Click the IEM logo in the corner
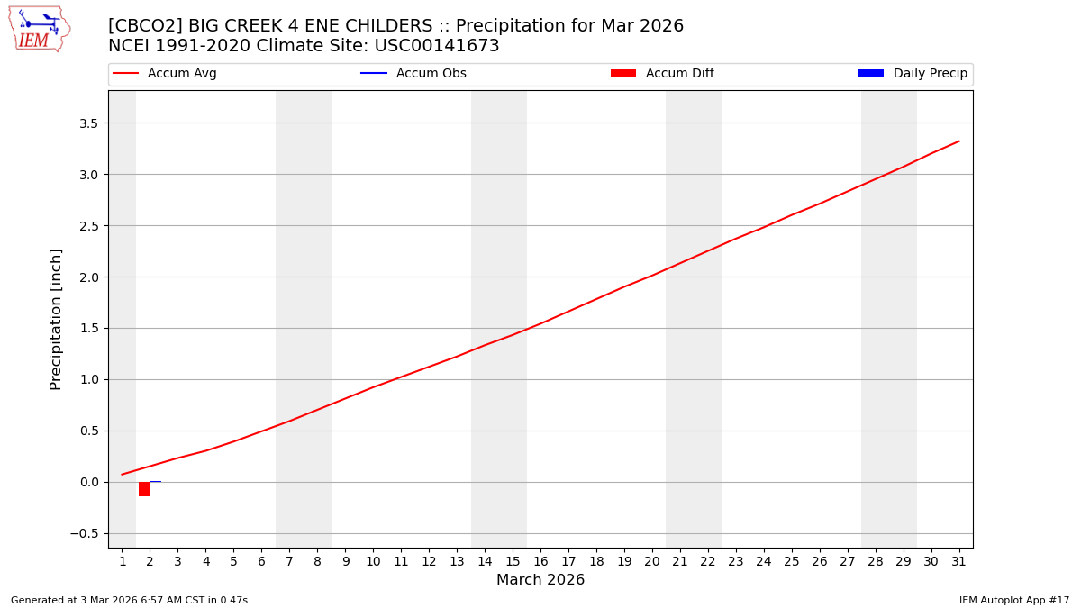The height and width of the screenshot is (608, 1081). point(39,29)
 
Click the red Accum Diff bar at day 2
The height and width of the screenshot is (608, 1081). point(144,489)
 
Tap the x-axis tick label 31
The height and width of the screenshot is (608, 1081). point(958,561)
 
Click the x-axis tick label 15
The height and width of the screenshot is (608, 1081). point(513,561)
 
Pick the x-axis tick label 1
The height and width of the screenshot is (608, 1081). point(123,561)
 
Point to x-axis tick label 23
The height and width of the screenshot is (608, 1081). point(736,561)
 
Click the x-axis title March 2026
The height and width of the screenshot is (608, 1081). point(540,580)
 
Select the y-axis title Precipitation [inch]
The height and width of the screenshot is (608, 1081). point(56,319)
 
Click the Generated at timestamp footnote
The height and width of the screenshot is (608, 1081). point(129,600)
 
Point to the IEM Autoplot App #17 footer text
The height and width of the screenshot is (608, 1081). point(1013,600)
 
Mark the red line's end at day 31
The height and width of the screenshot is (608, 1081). point(958,141)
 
